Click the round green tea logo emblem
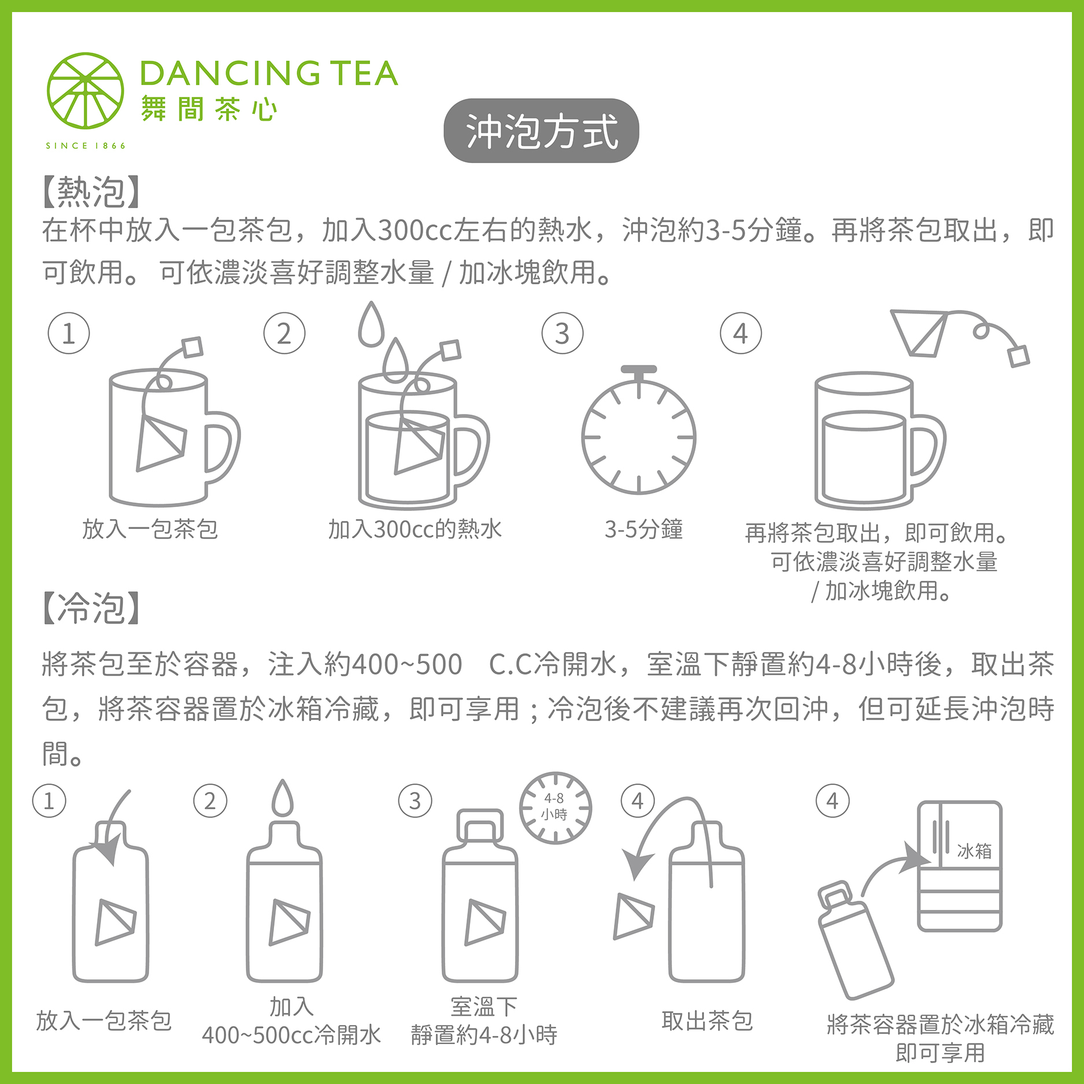(x=86, y=91)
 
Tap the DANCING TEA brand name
(x=269, y=73)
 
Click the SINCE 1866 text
(x=86, y=146)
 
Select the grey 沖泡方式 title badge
(x=541, y=131)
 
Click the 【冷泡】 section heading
(x=91, y=608)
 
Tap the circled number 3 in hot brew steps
(x=562, y=334)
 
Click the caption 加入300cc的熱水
(x=415, y=529)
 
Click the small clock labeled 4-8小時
(x=555, y=807)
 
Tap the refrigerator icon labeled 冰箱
(x=960, y=865)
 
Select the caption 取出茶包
(x=706, y=1021)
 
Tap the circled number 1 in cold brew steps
(x=49, y=801)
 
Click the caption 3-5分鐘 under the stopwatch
(x=643, y=529)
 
